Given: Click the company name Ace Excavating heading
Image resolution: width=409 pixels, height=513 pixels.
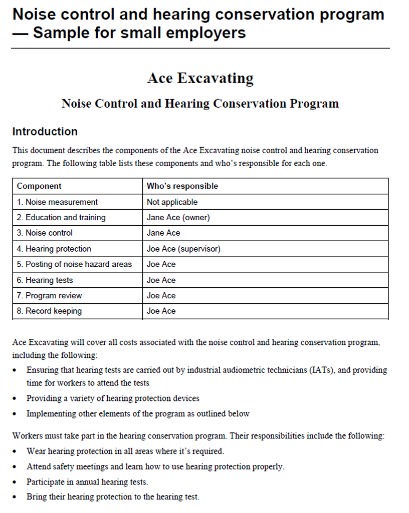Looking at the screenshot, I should (x=200, y=79).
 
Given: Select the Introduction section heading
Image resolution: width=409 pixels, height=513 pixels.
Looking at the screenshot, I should (x=45, y=132).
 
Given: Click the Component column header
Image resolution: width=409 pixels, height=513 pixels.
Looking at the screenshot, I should (x=39, y=186).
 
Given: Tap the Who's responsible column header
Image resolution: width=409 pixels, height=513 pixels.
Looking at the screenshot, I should (x=182, y=186).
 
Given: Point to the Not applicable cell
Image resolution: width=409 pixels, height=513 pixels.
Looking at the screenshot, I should (x=172, y=202).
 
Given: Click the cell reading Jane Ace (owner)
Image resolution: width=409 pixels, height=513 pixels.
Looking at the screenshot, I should (x=178, y=217).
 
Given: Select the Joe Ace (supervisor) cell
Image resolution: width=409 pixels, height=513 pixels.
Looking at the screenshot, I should (x=183, y=249).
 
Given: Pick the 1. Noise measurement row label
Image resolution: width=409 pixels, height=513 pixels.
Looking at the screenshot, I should (x=57, y=202).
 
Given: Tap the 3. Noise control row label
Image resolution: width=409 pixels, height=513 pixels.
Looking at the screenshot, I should (x=45, y=233).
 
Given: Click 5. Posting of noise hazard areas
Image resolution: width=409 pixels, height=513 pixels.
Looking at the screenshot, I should (x=74, y=264).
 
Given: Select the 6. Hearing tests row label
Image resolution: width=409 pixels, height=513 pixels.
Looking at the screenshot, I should (x=45, y=280).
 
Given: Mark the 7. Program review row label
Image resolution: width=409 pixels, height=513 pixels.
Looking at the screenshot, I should (x=49, y=296).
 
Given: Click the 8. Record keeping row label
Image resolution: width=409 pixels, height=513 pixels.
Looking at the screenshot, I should (x=49, y=311).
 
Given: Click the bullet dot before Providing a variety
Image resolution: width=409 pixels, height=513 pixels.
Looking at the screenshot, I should (x=17, y=399).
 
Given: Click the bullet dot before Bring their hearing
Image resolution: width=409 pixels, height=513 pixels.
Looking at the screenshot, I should (x=17, y=497).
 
